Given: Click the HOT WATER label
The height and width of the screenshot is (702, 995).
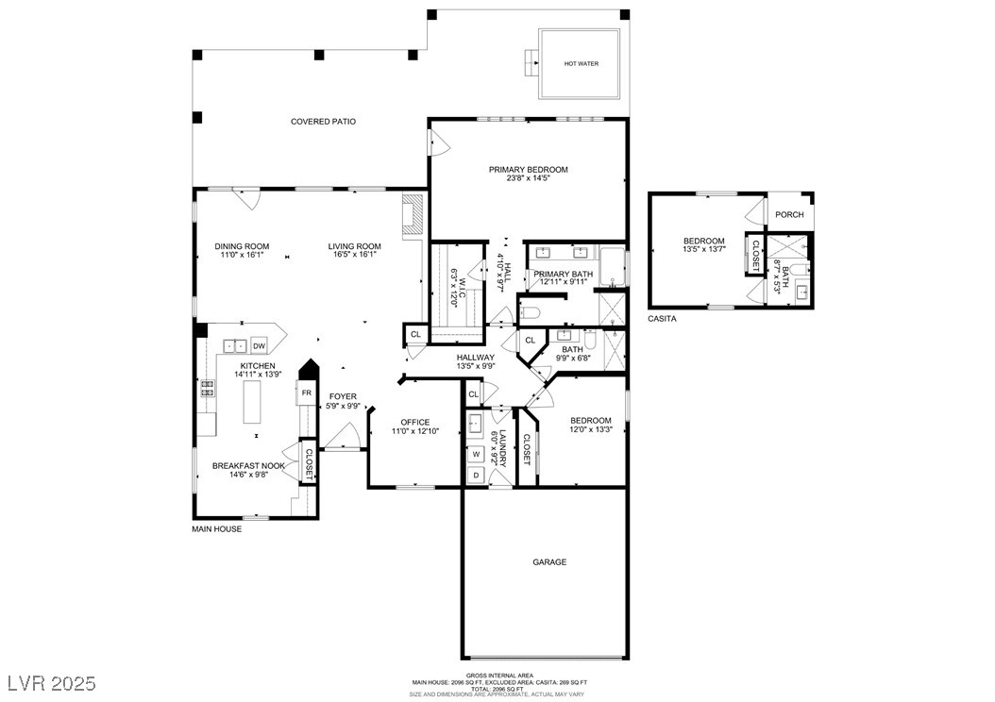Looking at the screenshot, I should (x=581, y=64).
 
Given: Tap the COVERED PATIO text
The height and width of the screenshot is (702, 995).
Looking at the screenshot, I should (x=323, y=122).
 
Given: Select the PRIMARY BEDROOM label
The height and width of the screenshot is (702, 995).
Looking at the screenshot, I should (x=528, y=170).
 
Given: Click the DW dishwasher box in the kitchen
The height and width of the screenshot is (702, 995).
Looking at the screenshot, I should (x=258, y=346).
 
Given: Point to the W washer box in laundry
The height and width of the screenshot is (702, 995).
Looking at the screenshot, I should (x=477, y=453).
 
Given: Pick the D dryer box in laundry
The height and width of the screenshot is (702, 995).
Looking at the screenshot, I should (x=477, y=475).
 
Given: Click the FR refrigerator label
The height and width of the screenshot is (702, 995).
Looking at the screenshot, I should (x=306, y=393).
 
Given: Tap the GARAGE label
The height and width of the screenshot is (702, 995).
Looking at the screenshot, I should (x=549, y=562).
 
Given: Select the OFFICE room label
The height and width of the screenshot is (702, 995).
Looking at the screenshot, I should (x=414, y=423).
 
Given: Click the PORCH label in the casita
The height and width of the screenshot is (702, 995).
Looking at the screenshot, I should (x=789, y=215).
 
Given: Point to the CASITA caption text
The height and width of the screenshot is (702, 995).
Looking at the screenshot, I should (x=662, y=319).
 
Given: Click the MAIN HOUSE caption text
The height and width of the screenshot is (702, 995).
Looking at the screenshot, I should (x=217, y=529).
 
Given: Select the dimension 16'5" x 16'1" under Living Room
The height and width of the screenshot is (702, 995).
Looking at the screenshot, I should (x=354, y=254).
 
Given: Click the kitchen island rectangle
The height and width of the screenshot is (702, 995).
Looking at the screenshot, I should (x=251, y=404).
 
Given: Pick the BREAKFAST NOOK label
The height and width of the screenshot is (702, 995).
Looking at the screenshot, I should (x=248, y=466).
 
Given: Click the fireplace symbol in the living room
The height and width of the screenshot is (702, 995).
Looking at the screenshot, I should (x=413, y=217).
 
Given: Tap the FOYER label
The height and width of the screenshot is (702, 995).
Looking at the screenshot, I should (x=343, y=396).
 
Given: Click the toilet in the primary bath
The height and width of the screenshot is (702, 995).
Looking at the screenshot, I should (x=530, y=312).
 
